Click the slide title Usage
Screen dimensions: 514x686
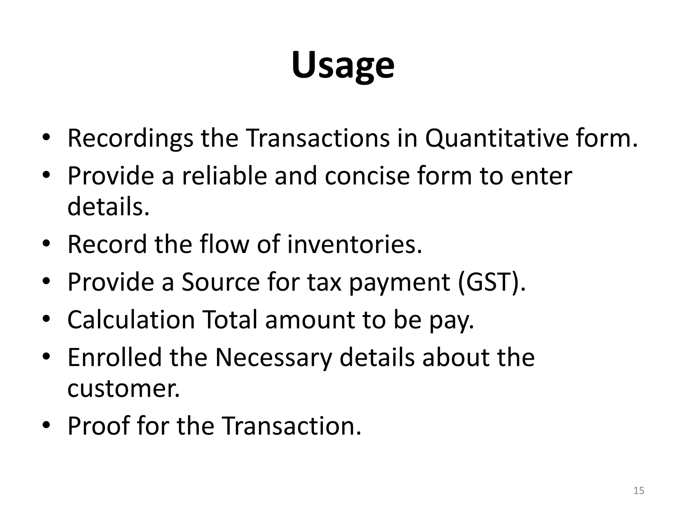[x=343, y=66]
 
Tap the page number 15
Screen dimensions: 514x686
[x=639, y=491]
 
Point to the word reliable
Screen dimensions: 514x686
[x=224, y=176]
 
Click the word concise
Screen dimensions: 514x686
[x=367, y=176]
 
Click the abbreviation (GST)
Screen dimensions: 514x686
[x=491, y=282]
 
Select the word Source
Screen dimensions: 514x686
[x=220, y=282]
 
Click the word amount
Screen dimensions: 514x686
[x=310, y=320]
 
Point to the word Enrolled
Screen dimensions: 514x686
[x=114, y=357]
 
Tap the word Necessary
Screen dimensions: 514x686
[x=273, y=357]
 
